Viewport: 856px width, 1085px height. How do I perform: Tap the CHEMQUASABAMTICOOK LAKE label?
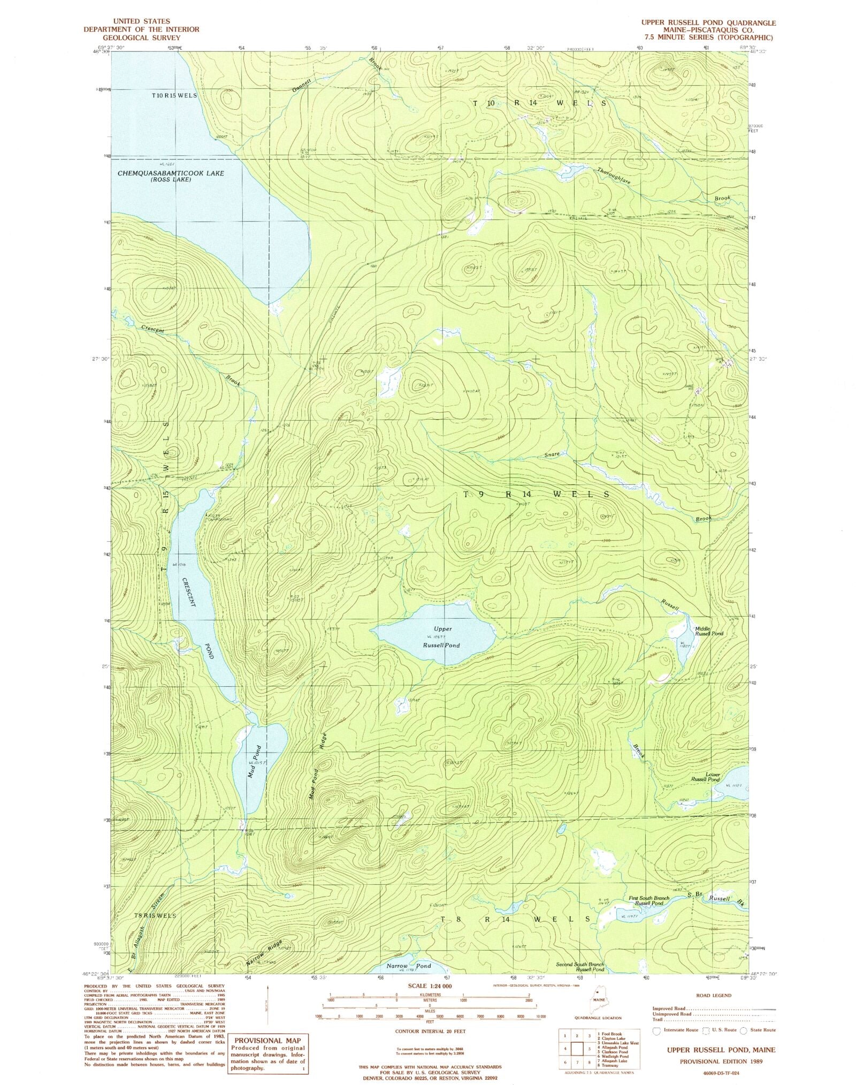170,173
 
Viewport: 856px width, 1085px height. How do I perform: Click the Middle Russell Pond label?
709,631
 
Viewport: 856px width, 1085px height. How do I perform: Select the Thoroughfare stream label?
614,175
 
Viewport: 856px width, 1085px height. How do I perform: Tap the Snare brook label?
552,454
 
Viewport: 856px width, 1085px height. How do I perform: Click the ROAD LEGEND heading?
713,995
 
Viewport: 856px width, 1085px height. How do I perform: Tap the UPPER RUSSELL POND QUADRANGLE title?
708,22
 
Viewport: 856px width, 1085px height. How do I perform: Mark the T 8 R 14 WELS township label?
516,919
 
